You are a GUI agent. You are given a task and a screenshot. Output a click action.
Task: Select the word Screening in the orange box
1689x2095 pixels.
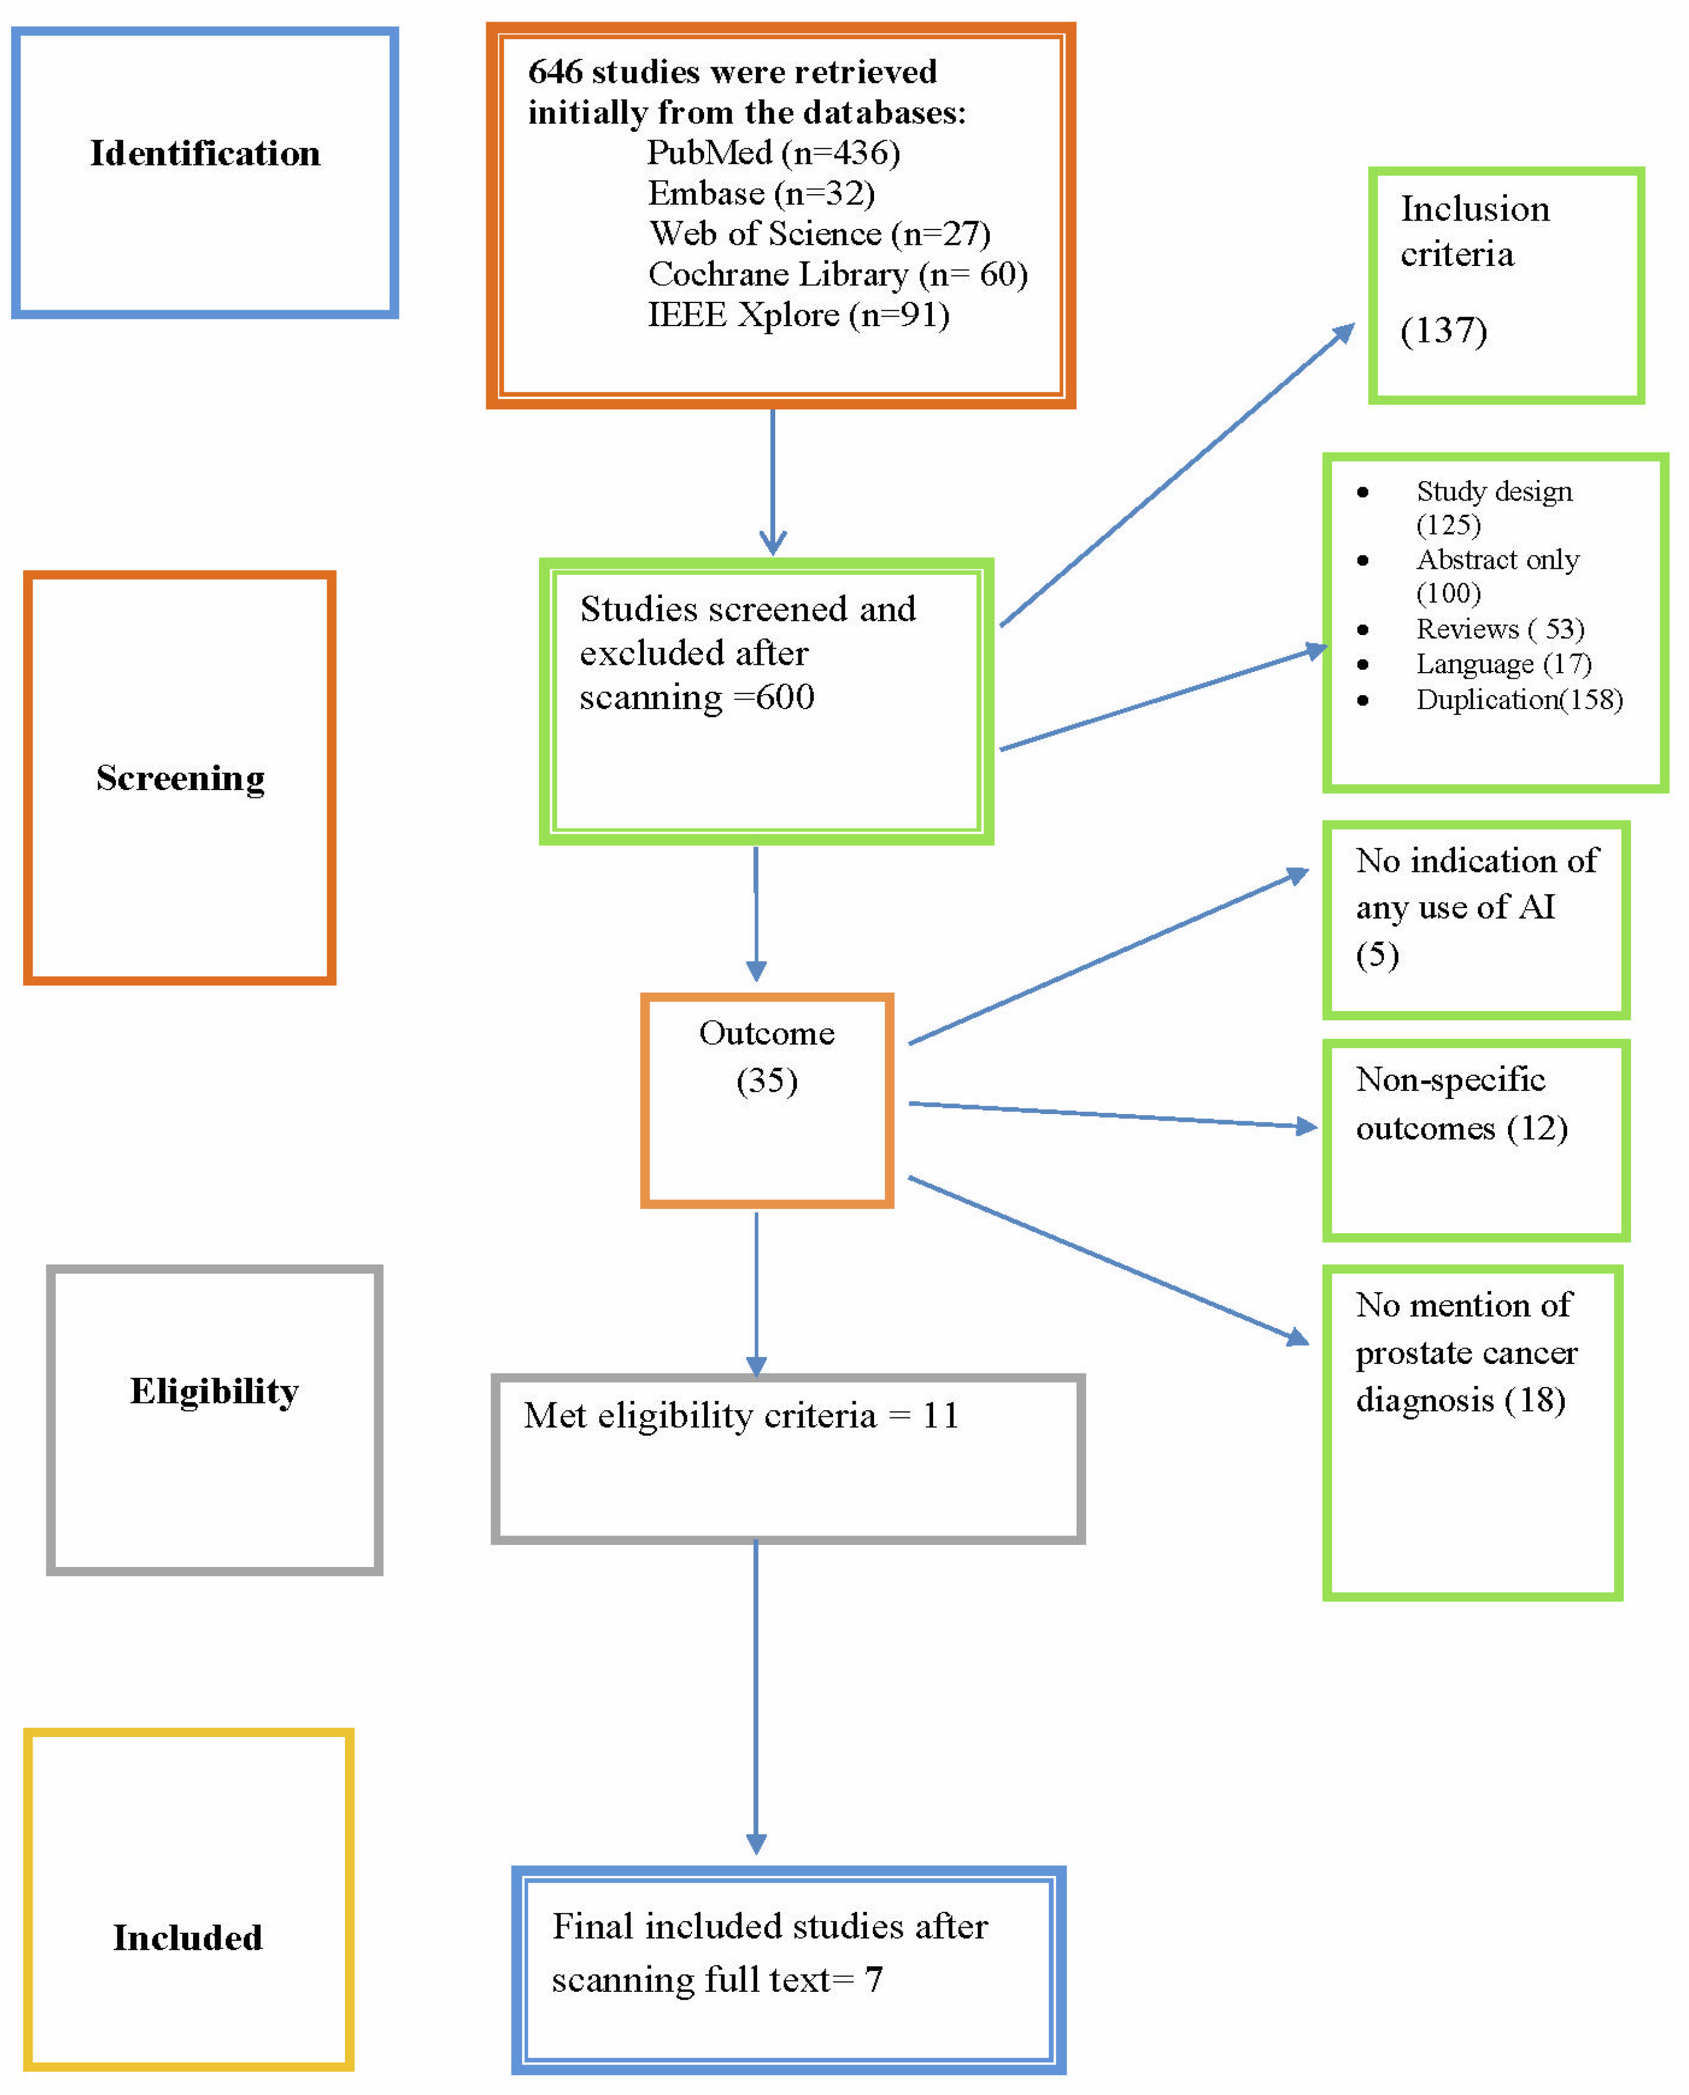[x=180, y=778]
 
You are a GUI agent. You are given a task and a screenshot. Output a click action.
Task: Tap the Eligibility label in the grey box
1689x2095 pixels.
[x=214, y=1391]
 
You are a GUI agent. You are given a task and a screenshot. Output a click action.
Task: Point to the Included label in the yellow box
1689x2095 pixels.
[x=188, y=1937]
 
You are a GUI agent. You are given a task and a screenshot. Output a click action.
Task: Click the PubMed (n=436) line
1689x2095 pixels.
[x=774, y=153]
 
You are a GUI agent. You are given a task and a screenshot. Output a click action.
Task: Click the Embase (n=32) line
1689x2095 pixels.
[x=761, y=194]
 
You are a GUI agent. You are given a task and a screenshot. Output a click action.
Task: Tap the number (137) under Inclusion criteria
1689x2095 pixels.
[x=1443, y=330]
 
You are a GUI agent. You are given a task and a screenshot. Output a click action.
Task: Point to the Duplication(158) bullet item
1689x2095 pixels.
[x=1518, y=699]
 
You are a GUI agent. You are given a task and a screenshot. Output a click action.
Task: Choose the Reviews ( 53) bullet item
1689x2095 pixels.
[x=1499, y=630]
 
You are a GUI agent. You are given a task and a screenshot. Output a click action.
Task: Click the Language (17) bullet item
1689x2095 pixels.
[x=1503, y=664]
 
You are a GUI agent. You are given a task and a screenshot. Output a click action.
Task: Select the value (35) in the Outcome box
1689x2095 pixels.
[x=766, y=1080]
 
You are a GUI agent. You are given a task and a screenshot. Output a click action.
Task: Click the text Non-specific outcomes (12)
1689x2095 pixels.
[x=1461, y=1104]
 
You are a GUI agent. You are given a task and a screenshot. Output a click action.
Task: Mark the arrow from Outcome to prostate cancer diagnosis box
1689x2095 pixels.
[x=1109, y=1261]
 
